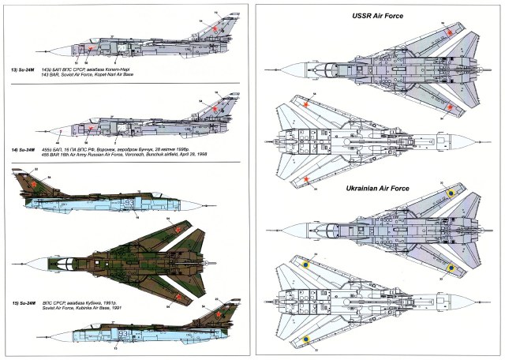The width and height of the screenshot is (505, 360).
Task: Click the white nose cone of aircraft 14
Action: click(32, 126)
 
